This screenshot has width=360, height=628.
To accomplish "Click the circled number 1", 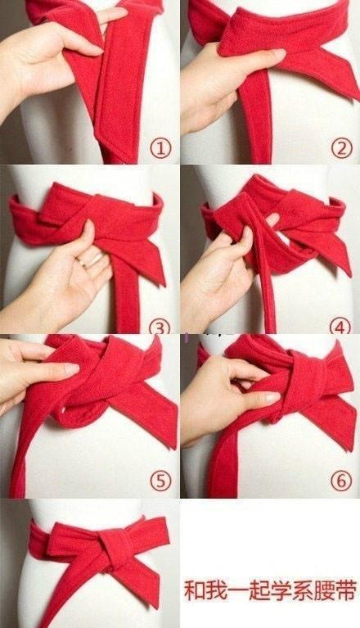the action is (x=160, y=149).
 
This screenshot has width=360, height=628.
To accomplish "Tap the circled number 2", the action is (x=341, y=149).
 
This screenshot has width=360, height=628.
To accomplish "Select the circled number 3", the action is (x=160, y=328).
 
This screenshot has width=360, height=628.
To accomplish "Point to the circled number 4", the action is (x=340, y=328).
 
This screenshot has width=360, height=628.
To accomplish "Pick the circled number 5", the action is (x=160, y=481).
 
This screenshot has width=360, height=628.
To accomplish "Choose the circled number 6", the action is (x=341, y=481).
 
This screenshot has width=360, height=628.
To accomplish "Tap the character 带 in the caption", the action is (x=345, y=591).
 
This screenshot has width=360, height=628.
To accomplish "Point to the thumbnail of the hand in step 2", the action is (x=279, y=52).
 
